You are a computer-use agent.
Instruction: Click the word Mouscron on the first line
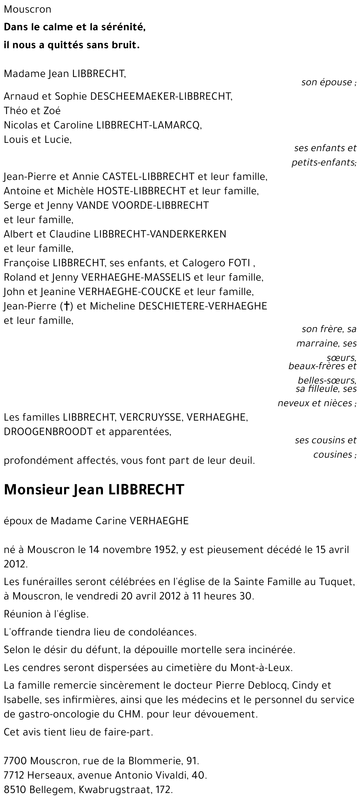point(27,10)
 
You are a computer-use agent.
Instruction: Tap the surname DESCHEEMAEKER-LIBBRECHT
point(161,96)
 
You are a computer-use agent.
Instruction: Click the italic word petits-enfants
point(323,163)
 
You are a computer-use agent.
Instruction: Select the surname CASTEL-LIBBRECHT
point(149,177)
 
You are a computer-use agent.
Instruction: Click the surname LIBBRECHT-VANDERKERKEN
point(160,234)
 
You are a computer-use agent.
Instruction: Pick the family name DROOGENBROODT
point(48,432)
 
